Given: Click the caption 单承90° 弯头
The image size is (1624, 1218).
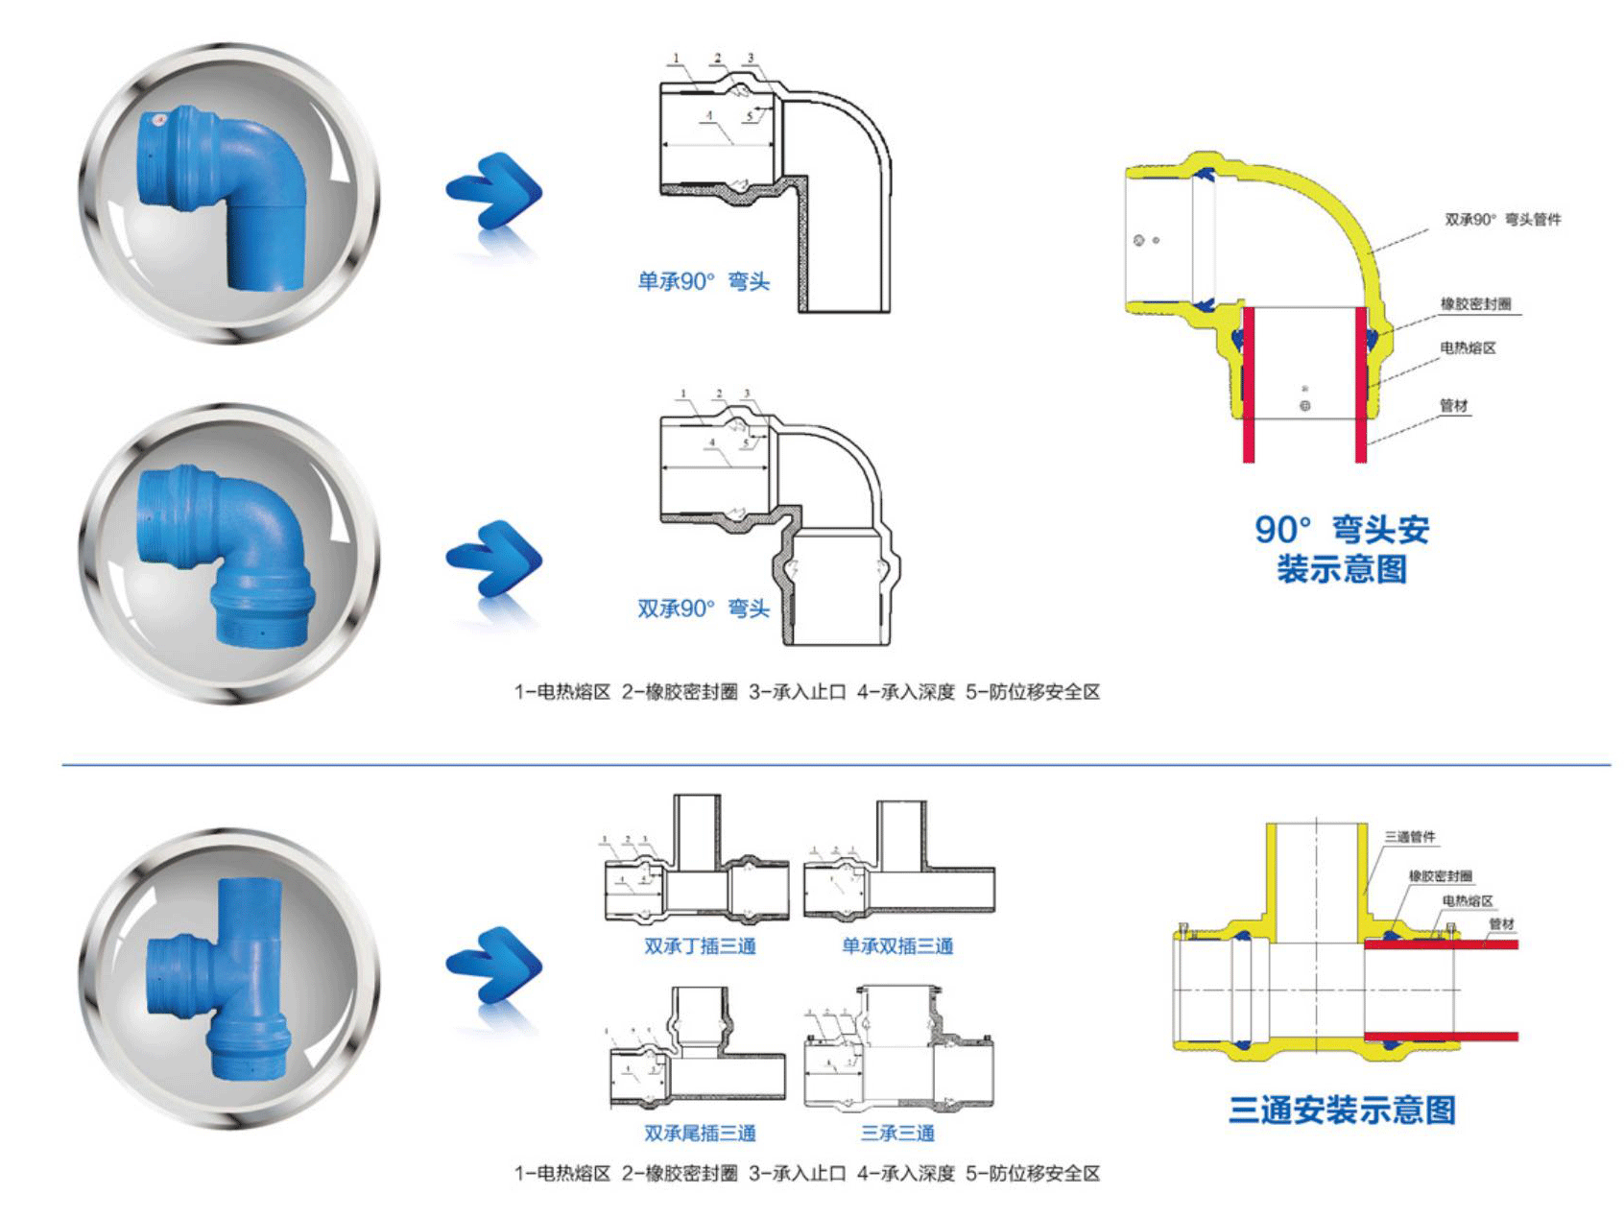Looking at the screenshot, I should [704, 282].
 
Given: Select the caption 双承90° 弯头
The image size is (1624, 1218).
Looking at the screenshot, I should [704, 609].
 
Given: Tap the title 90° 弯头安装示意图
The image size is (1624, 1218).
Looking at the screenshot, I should [1342, 549].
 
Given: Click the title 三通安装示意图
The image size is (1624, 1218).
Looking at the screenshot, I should [1342, 1111].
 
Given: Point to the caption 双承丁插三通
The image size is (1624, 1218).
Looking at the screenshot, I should [700, 946].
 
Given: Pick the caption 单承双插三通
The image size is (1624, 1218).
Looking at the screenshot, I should [897, 946].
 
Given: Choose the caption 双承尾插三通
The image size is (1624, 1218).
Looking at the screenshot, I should [700, 1134].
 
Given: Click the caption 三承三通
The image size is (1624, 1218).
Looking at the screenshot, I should [897, 1134].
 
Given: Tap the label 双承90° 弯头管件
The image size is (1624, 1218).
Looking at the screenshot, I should [1502, 220].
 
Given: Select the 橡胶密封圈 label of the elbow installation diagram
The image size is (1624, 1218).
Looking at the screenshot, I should [1475, 304].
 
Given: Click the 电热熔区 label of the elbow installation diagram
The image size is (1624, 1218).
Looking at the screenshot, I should [1468, 348].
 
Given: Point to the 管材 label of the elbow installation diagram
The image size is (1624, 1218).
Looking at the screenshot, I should [1454, 406].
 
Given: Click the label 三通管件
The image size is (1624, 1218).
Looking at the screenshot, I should [1410, 837].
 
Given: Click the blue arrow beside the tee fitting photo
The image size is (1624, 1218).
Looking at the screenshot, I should [494, 965].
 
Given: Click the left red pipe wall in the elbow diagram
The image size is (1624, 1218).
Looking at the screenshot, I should [1248, 384].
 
